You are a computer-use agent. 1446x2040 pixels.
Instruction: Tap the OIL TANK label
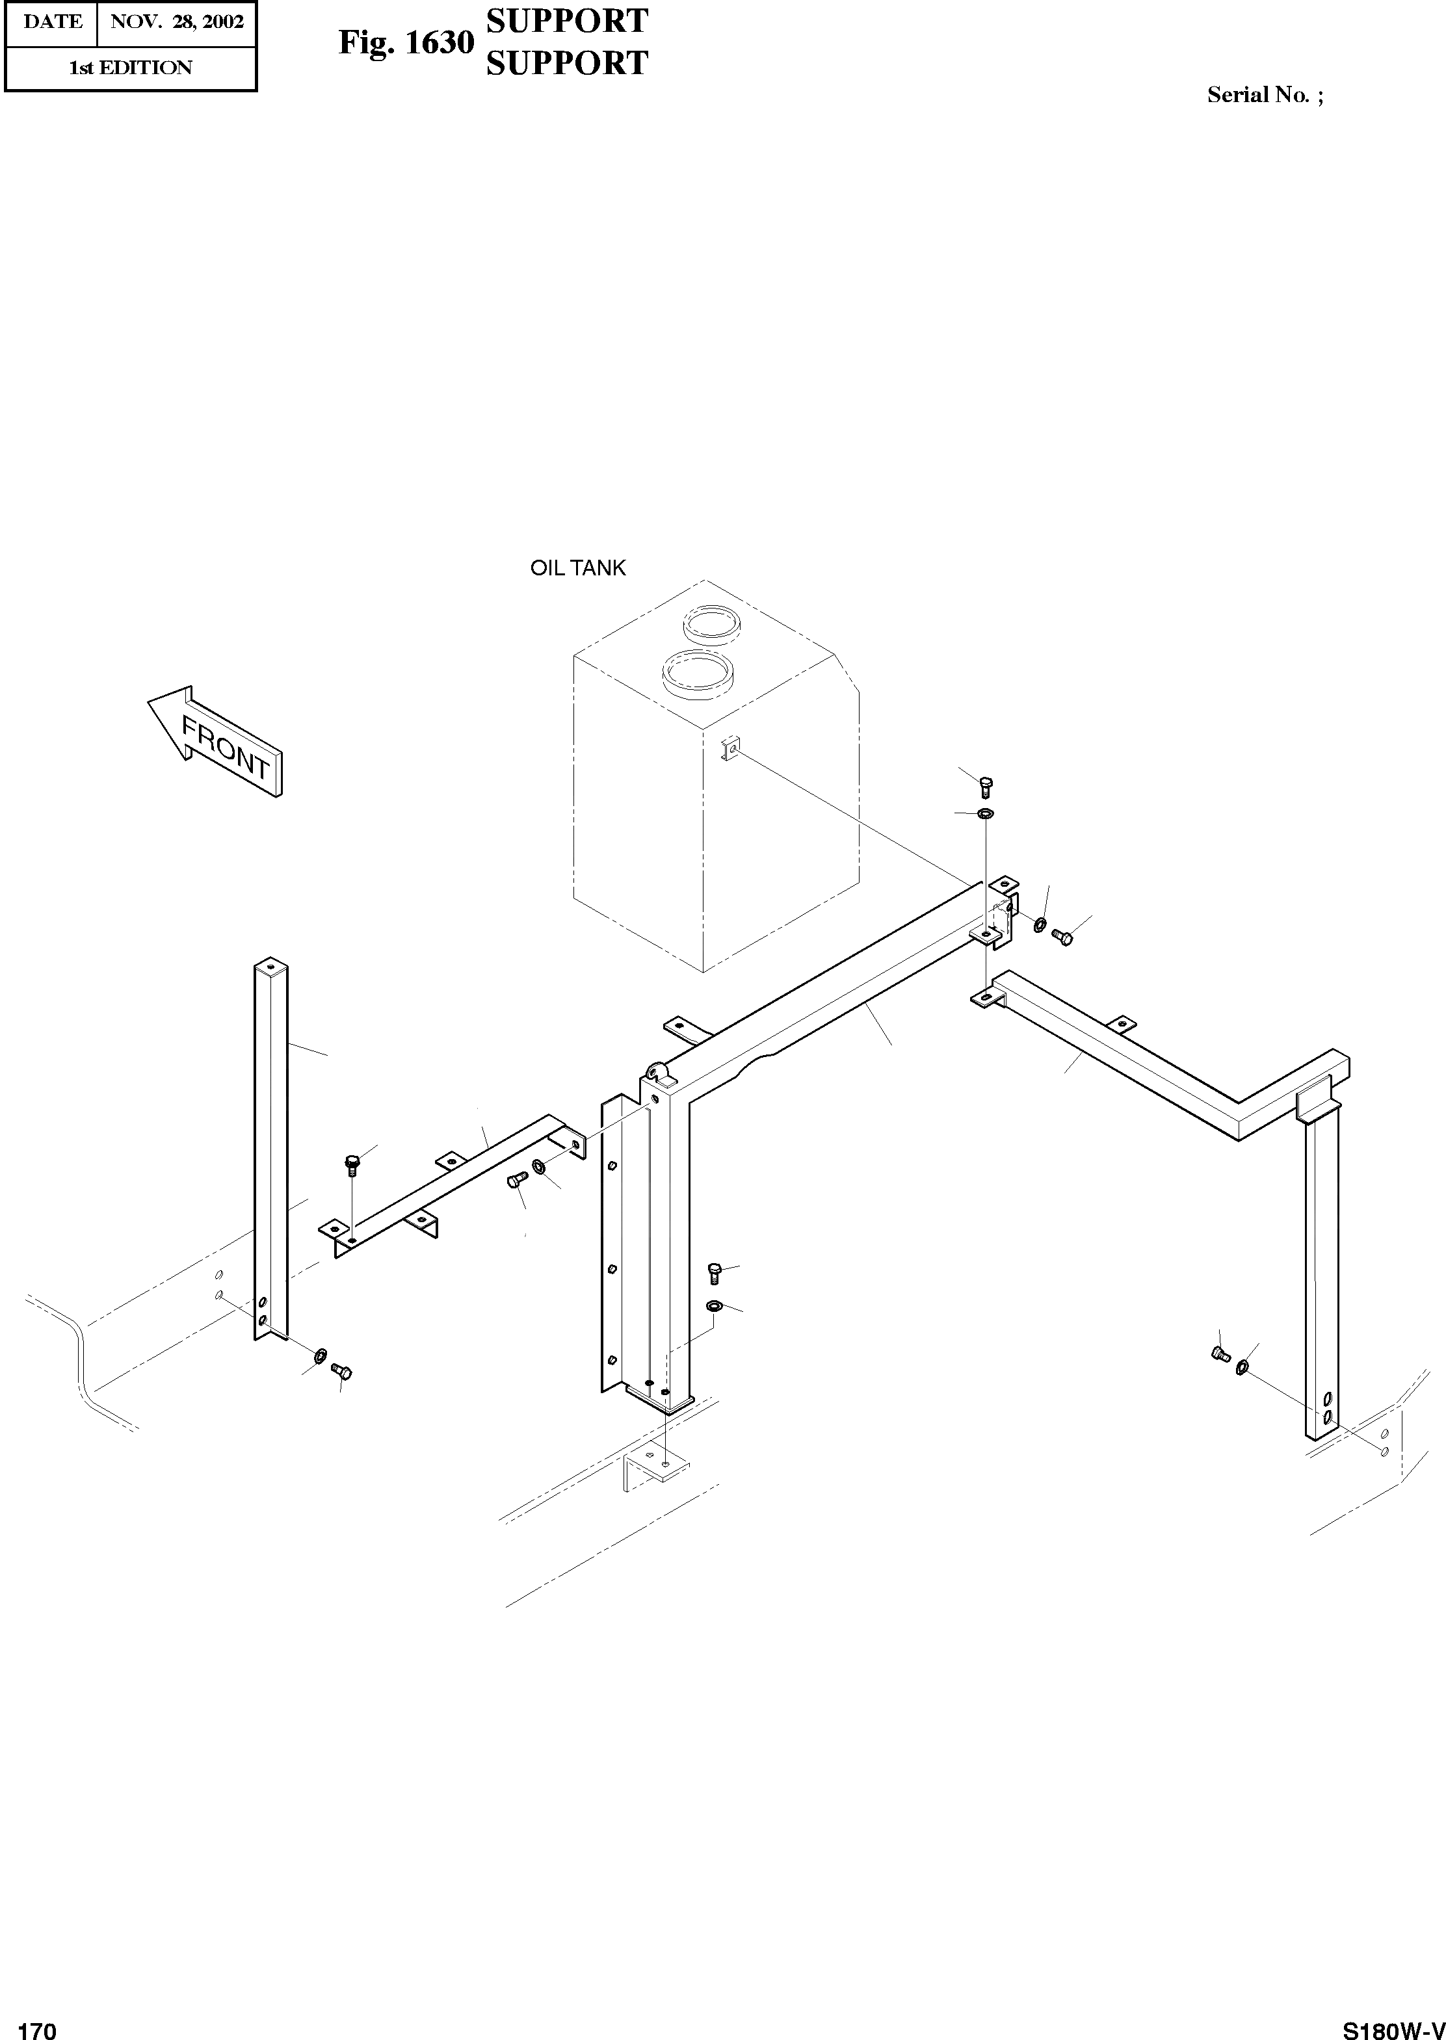pyautogui.click(x=578, y=568)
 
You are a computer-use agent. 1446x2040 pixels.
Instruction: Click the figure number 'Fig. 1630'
pyautogui.click(x=405, y=42)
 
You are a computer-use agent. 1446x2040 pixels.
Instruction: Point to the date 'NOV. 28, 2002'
pyautogui.click(x=176, y=22)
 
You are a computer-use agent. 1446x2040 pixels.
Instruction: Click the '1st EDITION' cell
pyautogui.click(x=130, y=68)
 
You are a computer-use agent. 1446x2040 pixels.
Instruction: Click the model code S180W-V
pyautogui.click(x=1393, y=2025)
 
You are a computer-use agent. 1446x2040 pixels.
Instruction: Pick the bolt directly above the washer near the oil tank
pyautogui.click(x=985, y=786)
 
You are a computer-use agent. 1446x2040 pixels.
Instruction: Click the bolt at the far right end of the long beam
pyautogui.click(x=1061, y=935)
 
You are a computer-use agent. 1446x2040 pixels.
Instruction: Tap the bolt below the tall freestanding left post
pyautogui.click(x=342, y=1372)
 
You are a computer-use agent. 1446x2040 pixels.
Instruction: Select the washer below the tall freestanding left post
pyautogui.click(x=321, y=1355)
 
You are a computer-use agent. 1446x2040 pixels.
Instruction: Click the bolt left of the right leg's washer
pyautogui.click(x=1221, y=1355)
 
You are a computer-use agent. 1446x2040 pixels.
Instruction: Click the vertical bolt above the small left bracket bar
pyautogui.click(x=352, y=1163)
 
